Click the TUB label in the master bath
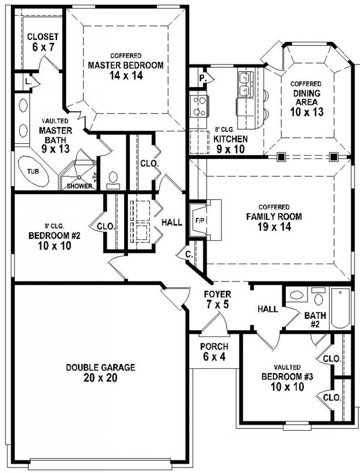(33, 171)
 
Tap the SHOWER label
(79, 186)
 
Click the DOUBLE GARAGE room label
(100, 367)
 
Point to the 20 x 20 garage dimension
(100, 378)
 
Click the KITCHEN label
(231, 139)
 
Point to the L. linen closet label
(27, 81)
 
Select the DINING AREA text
(306, 97)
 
